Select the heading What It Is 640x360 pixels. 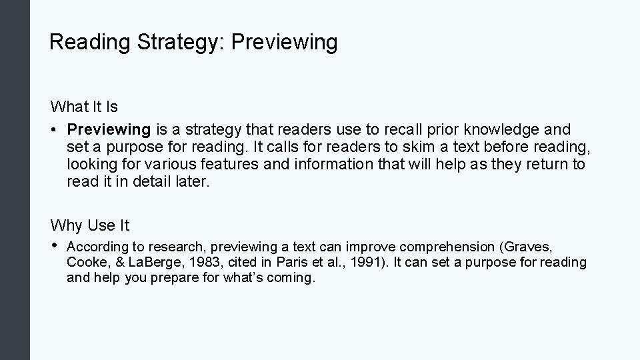[84, 107]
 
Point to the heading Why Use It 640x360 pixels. [90, 225]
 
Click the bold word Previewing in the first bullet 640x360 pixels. [109, 129]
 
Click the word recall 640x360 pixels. [418, 129]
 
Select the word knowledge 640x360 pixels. [513, 129]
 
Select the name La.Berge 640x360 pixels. [144, 262]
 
